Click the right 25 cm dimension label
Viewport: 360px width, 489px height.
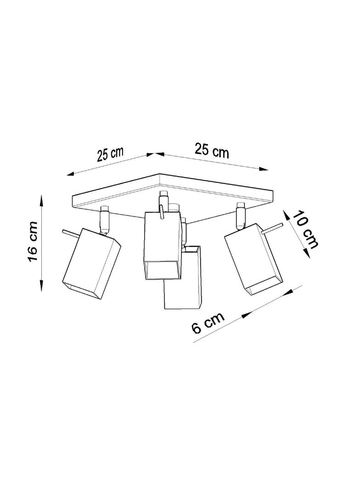pyautogui.click(x=212, y=150)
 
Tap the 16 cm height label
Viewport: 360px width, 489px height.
pyautogui.click(x=33, y=241)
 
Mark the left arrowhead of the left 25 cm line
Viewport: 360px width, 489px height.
pyautogui.click(x=73, y=174)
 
